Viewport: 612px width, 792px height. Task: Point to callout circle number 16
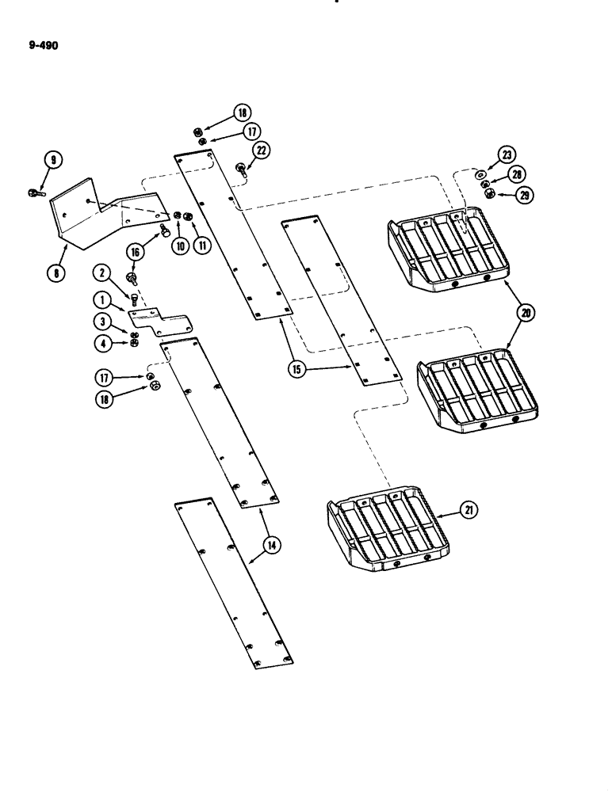click(x=136, y=253)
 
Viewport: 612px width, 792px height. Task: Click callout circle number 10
click(x=182, y=245)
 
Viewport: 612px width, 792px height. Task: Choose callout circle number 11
click(x=204, y=245)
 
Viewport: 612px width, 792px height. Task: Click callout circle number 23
click(x=506, y=155)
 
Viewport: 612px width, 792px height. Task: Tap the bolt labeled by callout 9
click(x=36, y=191)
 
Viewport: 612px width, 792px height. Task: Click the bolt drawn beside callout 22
click(x=240, y=169)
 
